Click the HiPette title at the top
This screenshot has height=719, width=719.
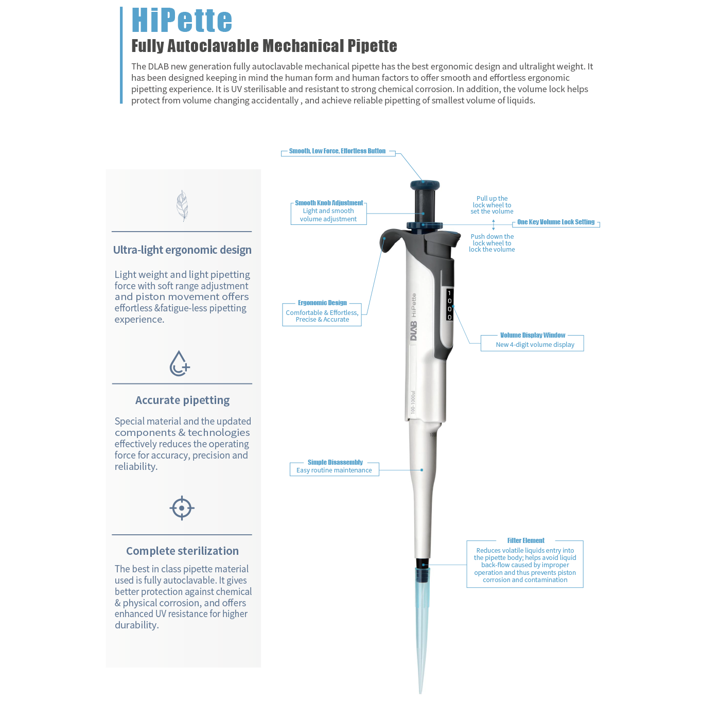pyautogui.click(x=182, y=21)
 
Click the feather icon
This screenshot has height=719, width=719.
pyautogui.click(x=182, y=205)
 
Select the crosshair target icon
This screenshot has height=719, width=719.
pyautogui.click(x=182, y=508)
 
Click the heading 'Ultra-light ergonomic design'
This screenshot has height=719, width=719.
pyautogui.click(x=182, y=250)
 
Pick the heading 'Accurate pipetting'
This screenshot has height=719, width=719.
pyautogui.click(x=182, y=400)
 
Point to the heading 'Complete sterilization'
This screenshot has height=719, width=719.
pyautogui.click(x=182, y=551)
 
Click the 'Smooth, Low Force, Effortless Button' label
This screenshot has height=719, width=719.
pyautogui.click(x=337, y=151)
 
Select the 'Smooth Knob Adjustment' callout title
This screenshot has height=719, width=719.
pyautogui.click(x=329, y=203)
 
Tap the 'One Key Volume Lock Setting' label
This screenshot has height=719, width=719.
pyautogui.click(x=556, y=222)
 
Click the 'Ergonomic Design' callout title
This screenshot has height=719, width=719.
pyautogui.click(x=322, y=303)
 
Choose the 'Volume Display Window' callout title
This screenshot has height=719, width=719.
pyautogui.click(x=533, y=336)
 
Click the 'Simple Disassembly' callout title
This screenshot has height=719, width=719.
pyautogui.click(x=335, y=463)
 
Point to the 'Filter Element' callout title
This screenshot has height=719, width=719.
pyautogui.click(x=525, y=541)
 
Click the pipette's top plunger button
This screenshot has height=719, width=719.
pyautogui.click(x=425, y=185)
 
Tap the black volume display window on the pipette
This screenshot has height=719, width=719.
pyautogui.click(x=449, y=305)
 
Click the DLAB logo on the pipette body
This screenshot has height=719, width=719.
pyautogui.click(x=413, y=331)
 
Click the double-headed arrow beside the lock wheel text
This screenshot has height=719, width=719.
pyautogui.click(x=494, y=225)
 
